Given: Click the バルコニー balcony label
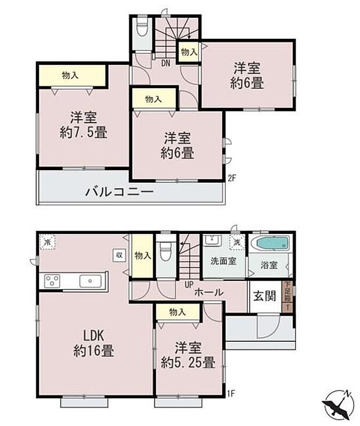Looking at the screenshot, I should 120,191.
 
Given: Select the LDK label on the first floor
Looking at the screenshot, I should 92,336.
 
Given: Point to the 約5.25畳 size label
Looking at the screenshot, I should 188,364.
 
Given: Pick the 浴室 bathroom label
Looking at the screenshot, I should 269,265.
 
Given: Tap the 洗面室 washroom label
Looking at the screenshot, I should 223,261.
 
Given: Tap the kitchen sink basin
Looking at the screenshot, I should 91,281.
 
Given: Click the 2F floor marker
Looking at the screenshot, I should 232,178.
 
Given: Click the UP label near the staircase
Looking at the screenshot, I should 189,285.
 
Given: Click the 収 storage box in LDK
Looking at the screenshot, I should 118,254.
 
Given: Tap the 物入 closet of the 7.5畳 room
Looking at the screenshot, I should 72,75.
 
